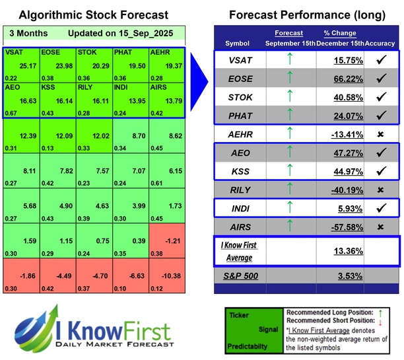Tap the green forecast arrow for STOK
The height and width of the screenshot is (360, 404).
(288, 97)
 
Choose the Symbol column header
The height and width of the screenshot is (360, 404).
(238, 44)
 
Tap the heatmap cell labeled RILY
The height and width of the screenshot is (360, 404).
(93, 97)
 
